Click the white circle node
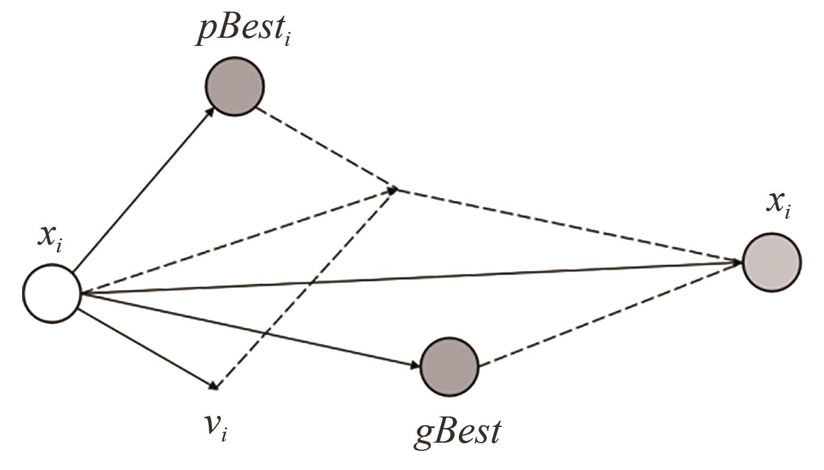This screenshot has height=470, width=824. [51, 293]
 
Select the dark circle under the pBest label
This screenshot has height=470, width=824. [234, 86]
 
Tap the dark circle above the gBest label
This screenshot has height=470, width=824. [449, 366]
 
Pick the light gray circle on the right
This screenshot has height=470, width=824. [772, 262]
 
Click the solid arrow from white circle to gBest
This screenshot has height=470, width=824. [250, 330]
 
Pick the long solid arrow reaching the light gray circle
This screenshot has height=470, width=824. [407, 278]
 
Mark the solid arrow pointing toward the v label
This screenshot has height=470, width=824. [145, 347]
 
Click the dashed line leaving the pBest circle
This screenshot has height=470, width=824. [326, 149]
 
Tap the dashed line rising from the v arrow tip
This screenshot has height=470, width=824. [305, 288]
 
